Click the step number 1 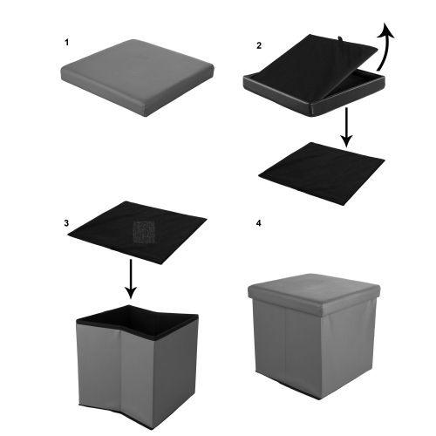tap(67, 43)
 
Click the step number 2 tap(259, 45)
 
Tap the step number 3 tap(66, 223)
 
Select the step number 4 tap(259, 223)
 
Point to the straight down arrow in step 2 tap(347, 127)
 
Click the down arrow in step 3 tap(131, 279)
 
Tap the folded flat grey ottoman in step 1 tap(137, 78)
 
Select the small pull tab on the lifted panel tap(340, 38)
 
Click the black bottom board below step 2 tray tap(322, 174)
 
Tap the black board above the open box tap(137, 233)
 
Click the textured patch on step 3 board tap(144, 232)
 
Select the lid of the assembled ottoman tap(314, 294)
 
